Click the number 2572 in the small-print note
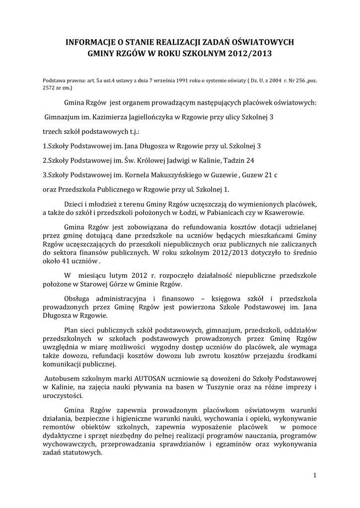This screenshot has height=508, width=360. tap(50, 87)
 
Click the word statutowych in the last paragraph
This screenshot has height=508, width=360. tap(83, 453)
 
